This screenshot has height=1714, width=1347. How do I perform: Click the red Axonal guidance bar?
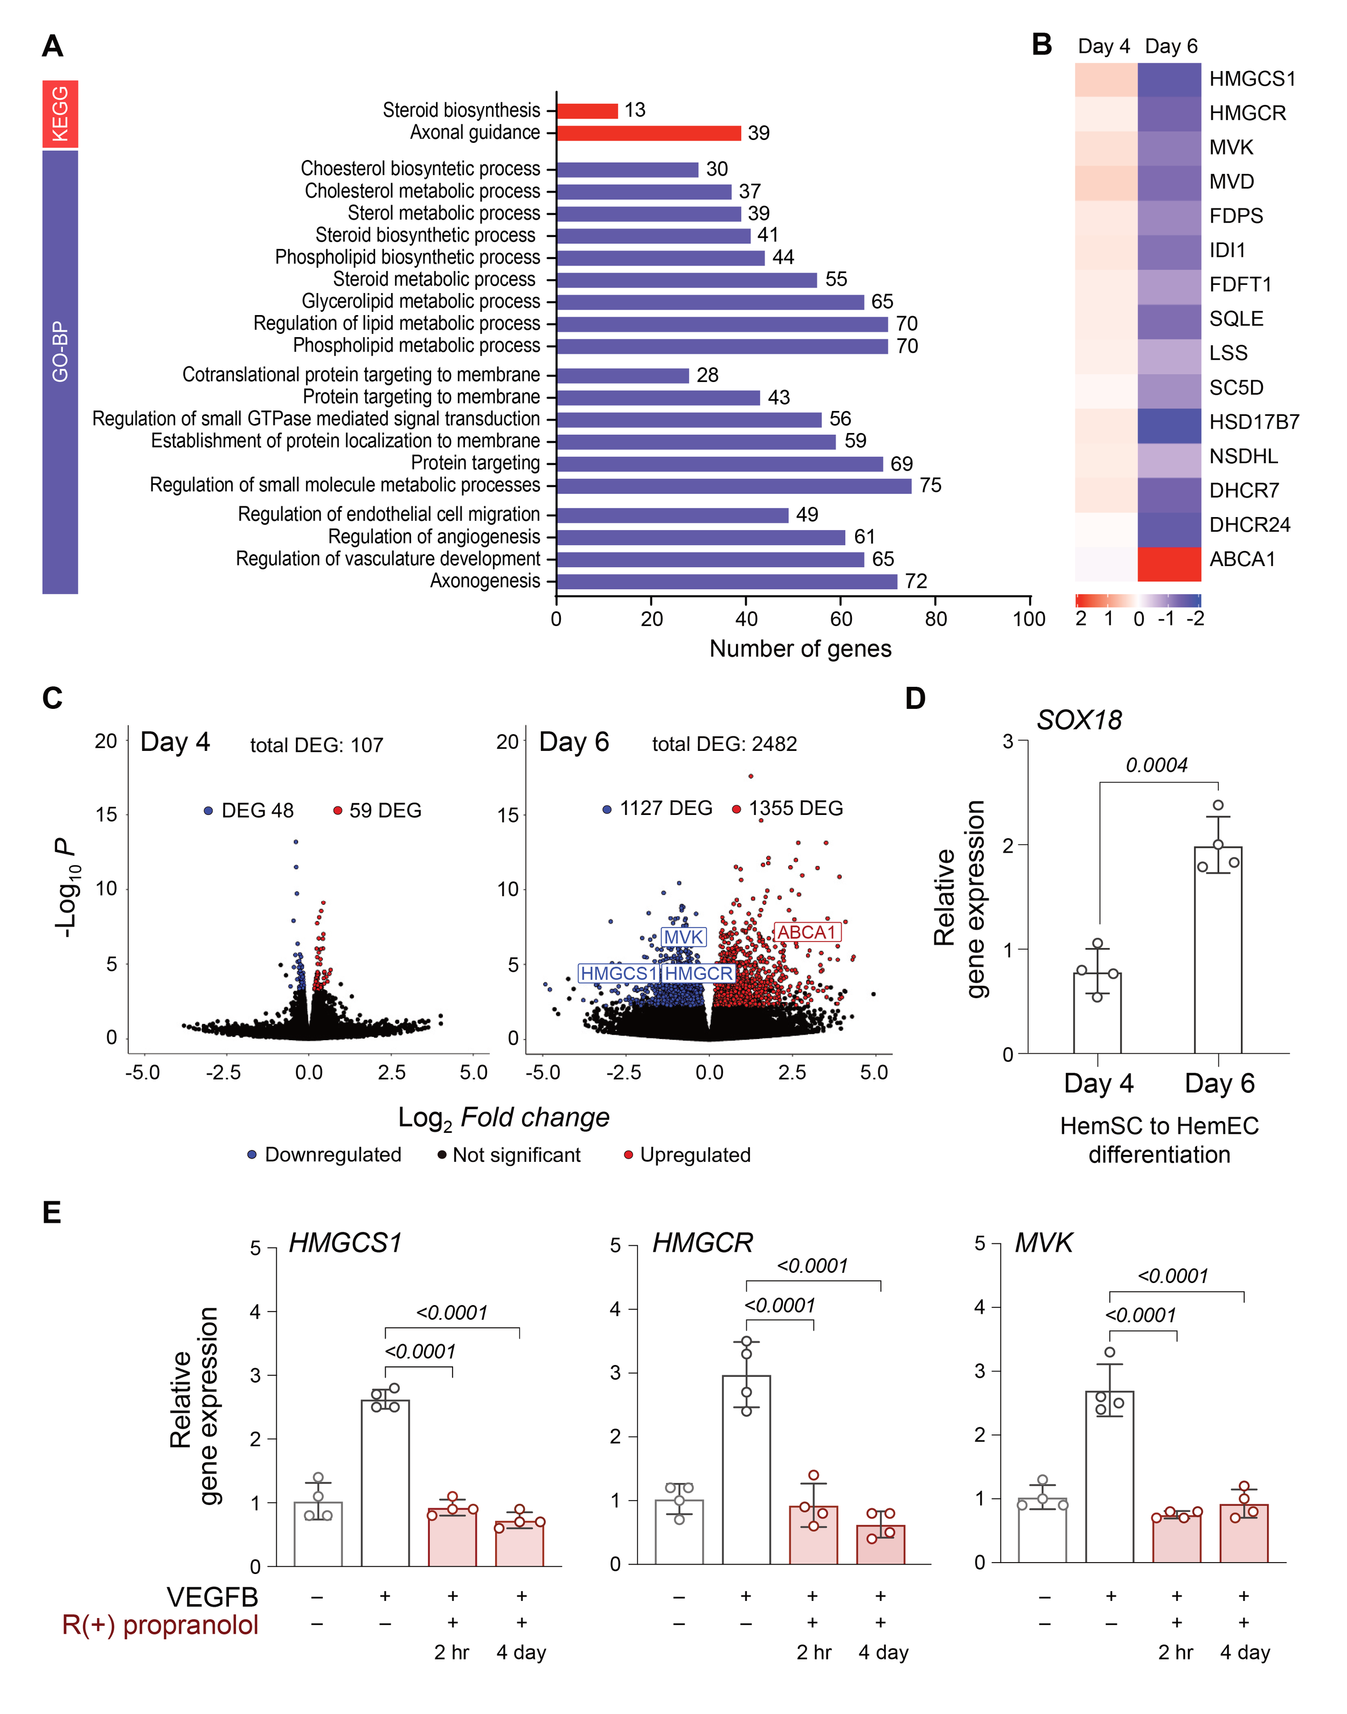pos(648,133)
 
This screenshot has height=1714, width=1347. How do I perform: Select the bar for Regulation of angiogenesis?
pos(700,538)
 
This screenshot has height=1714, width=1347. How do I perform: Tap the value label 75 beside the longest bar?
pos(930,486)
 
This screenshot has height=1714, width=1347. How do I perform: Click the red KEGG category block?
pos(60,114)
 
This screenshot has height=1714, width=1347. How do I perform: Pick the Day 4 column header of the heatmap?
pos(1103,46)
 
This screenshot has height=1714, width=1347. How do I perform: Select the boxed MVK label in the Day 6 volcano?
pos(683,937)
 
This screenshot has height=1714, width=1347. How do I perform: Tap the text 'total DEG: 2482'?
pos(724,744)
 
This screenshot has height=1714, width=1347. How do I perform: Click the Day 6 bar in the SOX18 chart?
pos(1218,950)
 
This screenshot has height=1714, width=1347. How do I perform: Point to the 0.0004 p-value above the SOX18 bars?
pos(1156,765)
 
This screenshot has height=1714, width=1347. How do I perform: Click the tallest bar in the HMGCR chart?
pos(746,1469)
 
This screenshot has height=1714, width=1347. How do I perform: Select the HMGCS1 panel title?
pos(345,1243)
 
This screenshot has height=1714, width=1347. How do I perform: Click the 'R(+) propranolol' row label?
pos(160,1625)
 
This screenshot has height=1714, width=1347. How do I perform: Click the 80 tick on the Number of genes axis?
pos(935,619)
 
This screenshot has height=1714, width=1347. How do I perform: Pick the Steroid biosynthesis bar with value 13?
pos(587,111)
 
